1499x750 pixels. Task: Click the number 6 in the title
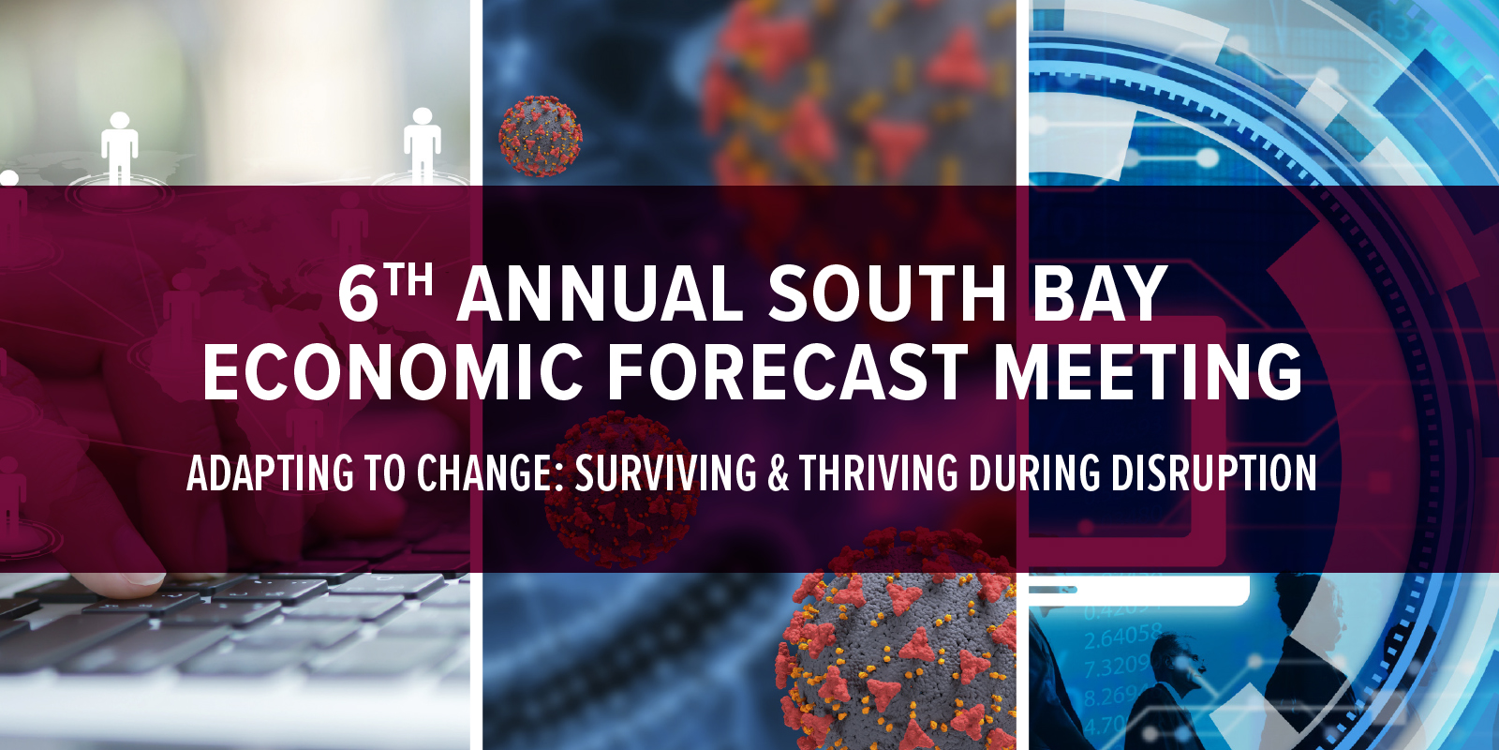[358, 293]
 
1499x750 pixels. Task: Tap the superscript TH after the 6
[408, 280]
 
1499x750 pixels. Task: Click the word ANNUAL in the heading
[600, 293]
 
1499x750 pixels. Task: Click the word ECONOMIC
[393, 372]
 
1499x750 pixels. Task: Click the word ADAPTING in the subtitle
[270, 472]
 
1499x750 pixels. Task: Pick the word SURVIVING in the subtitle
[666, 472]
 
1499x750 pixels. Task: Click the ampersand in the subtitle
[779, 472]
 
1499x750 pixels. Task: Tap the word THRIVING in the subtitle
[879, 472]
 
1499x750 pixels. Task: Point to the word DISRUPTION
[1214, 472]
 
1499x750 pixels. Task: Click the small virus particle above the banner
[540, 136]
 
